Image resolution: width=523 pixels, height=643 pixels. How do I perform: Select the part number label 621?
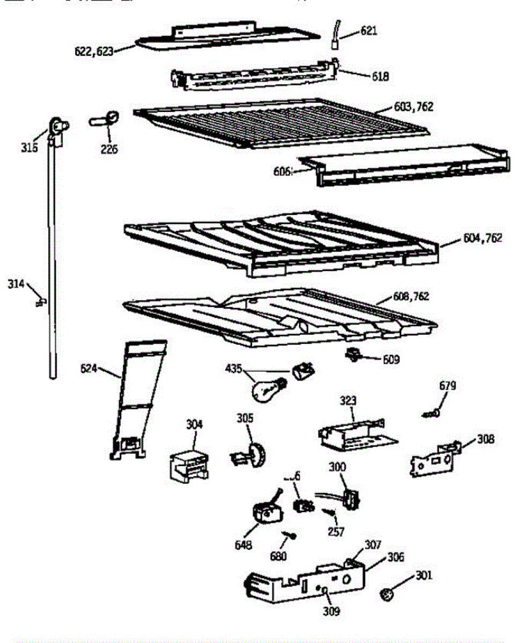pyautogui.click(x=369, y=31)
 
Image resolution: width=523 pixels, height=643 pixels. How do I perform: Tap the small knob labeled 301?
pyautogui.click(x=387, y=593)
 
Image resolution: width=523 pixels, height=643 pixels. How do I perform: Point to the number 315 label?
pyautogui.click(x=30, y=147)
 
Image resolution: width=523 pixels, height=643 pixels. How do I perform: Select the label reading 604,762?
pyautogui.click(x=482, y=238)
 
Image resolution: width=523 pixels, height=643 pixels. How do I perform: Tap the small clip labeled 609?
pyautogui.click(x=353, y=354)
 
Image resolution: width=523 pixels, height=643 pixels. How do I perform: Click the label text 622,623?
pyautogui.click(x=94, y=52)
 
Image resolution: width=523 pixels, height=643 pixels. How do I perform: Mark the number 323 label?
pyautogui.click(x=348, y=401)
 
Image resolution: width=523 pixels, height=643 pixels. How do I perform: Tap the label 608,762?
pyautogui.click(x=408, y=296)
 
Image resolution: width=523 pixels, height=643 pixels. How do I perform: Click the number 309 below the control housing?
pyautogui.click(x=332, y=611)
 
